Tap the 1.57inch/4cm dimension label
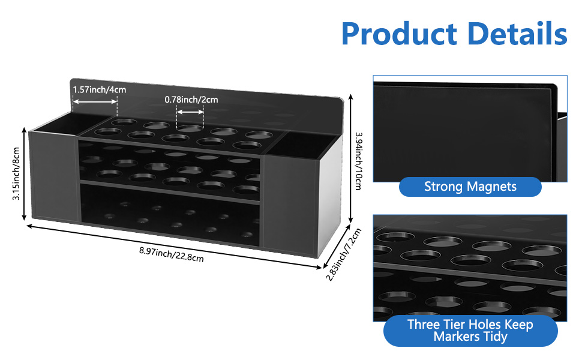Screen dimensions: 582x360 coord(100,90)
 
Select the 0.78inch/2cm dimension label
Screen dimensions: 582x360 coord(191,100)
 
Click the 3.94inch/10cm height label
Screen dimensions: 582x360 coord(358,161)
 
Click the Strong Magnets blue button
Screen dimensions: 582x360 coord(470,187)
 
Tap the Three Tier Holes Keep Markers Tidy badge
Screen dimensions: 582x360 coord(470,331)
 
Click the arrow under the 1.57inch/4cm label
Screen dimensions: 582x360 coord(95,101)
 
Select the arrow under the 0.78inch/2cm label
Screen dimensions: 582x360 coord(190,110)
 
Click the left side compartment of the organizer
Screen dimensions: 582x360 coord(53,180)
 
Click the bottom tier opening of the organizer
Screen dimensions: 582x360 coord(171,216)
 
